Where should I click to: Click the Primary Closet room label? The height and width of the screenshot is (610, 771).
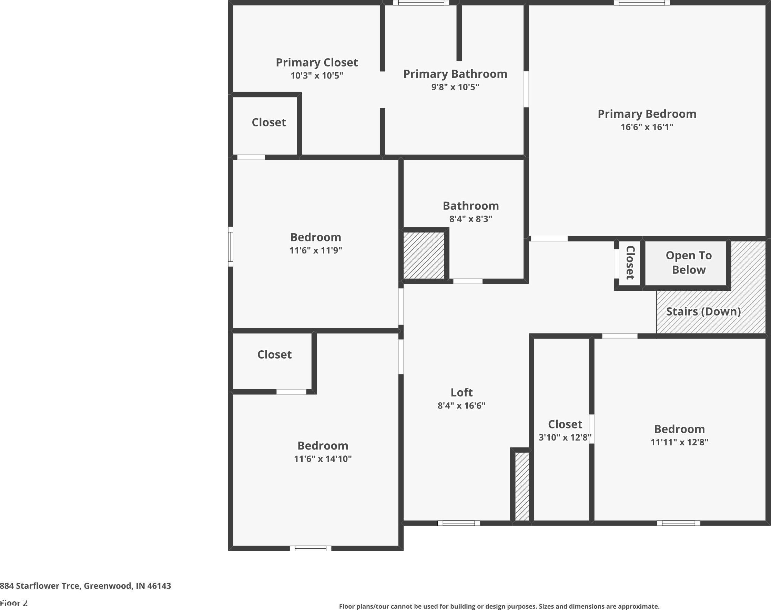(316, 62)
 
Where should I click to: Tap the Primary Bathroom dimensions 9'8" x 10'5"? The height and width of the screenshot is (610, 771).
(455, 87)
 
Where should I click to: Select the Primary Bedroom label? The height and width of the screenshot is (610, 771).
(647, 114)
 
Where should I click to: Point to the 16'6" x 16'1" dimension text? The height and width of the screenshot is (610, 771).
(647, 127)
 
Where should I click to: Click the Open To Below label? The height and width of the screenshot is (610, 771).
(689, 262)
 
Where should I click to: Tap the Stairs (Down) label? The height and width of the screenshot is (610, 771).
(703, 311)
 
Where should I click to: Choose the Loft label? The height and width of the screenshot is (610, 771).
(461, 393)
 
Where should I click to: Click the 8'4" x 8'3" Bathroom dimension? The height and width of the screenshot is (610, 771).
(471, 219)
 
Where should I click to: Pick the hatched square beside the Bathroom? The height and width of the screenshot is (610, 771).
(424, 255)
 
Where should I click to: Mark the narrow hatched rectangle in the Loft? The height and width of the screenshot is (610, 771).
(522, 486)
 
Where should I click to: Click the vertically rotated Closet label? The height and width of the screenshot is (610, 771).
(630, 262)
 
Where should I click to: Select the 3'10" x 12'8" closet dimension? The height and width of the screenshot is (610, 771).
(565, 437)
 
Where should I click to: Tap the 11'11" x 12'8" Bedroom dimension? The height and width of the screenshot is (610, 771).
(679, 442)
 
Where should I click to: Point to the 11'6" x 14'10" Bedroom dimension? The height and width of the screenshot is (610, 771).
(323, 459)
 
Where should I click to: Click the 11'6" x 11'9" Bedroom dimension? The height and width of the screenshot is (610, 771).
(315, 250)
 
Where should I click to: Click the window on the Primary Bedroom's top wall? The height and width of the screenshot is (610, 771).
(642, 3)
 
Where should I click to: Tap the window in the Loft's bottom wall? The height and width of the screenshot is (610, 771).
(459, 523)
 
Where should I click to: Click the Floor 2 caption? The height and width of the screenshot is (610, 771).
(14, 603)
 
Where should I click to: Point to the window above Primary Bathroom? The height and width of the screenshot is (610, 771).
(421, 3)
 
